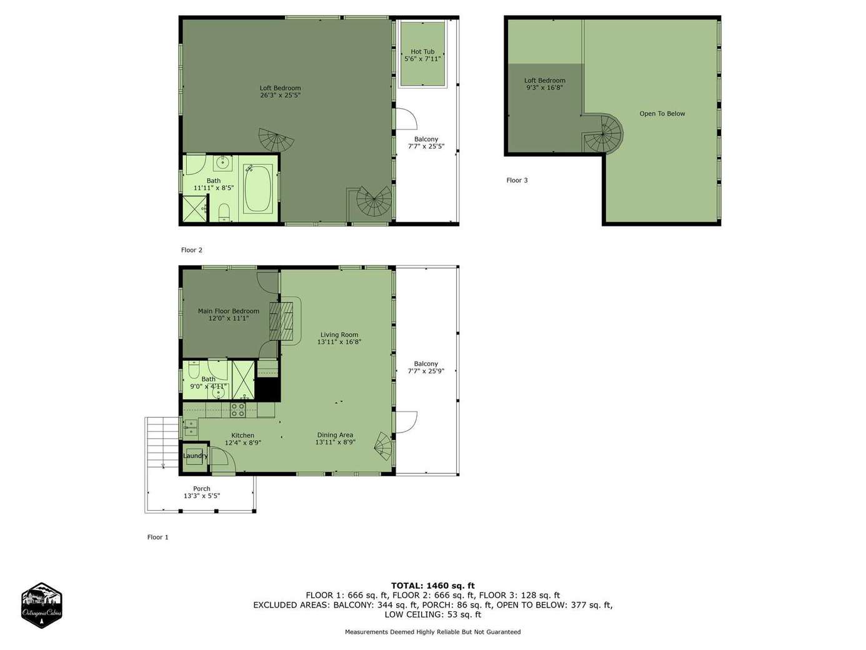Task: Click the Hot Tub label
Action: pyautogui.click(x=422, y=52)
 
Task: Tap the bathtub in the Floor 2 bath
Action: pyautogui.click(x=258, y=189)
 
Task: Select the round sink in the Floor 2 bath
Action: pyautogui.click(x=223, y=162)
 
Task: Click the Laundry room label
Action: pyautogui.click(x=196, y=456)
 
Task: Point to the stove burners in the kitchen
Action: pyautogui.click(x=238, y=409)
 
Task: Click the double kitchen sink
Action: pyautogui.click(x=191, y=427)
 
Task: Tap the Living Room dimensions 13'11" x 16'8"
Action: pyautogui.click(x=339, y=342)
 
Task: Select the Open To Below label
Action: pyautogui.click(x=662, y=114)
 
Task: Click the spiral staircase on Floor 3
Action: pyautogui.click(x=603, y=133)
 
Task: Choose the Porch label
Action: pyautogui.click(x=202, y=489)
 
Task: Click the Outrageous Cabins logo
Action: pyautogui.click(x=41, y=605)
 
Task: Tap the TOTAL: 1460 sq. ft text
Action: pyautogui.click(x=433, y=586)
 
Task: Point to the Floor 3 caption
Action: pyautogui.click(x=517, y=181)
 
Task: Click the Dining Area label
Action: pyautogui.click(x=335, y=435)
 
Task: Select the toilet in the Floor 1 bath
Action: pyautogui.click(x=194, y=369)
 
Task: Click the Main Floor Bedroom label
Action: pyautogui.click(x=229, y=311)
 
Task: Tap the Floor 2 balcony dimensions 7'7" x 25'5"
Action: pyautogui.click(x=426, y=146)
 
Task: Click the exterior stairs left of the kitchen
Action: pyautogui.click(x=162, y=442)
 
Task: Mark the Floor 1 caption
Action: pyautogui.click(x=158, y=537)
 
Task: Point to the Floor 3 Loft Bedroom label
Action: pyautogui.click(x=544, y=81)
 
